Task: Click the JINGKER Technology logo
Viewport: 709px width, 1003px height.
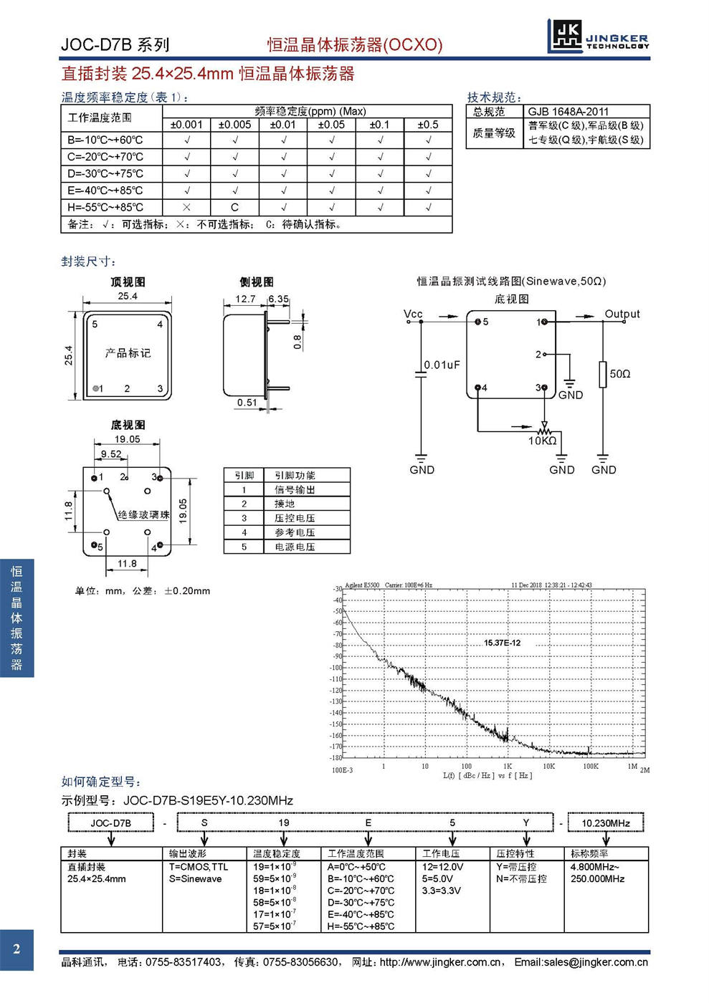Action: coord(599,36)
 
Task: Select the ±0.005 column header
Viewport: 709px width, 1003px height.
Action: coord(234,125)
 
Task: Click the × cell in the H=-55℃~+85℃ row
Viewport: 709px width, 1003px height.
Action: coord(186,207)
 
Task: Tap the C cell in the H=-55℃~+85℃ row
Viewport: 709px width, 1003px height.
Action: coord(234,207)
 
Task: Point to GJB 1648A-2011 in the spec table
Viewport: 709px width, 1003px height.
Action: coord(568,112)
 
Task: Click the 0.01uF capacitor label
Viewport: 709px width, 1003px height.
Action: coord(442,365)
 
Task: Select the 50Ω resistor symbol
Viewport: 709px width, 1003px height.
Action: coord(603,374)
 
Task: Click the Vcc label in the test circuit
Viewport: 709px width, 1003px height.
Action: coord(413,314)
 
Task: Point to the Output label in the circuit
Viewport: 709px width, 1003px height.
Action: coord(622,314)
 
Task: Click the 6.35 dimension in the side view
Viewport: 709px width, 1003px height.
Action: coord(279,299)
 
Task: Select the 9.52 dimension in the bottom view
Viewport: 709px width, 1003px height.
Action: coord(111,454)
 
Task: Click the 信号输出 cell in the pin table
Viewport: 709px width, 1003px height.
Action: coord(295,490)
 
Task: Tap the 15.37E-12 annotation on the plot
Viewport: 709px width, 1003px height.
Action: coord(502,643)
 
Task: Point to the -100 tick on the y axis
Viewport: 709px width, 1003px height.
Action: coord(336,668)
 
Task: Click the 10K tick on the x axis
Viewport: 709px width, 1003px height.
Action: coord(548,766)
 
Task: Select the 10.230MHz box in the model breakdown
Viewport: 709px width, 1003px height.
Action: coord(606,822)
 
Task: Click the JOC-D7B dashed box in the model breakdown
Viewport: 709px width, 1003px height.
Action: coord(111,822)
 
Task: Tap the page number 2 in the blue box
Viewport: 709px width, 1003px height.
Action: coord(16,949)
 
